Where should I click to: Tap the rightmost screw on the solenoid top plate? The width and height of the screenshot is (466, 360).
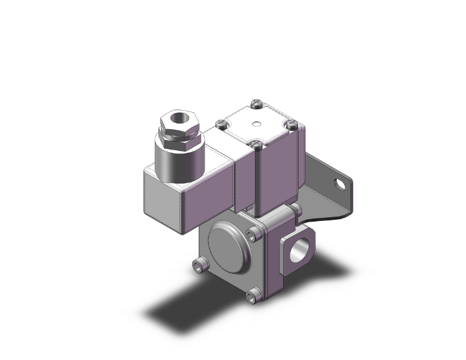point(291,124)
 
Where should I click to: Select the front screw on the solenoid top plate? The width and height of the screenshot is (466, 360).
point(256,145)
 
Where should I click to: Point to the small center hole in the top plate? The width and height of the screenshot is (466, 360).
point(256,123)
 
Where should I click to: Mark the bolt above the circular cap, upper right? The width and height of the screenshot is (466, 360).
point(252,235)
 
